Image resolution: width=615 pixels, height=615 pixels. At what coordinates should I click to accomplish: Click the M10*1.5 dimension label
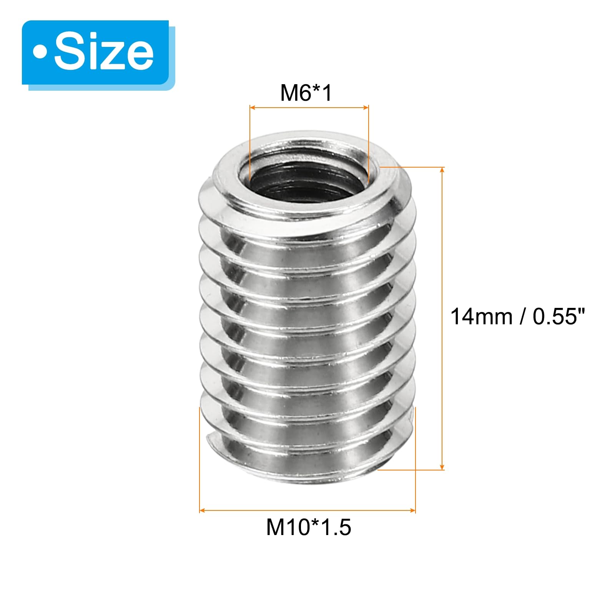coord(308,527)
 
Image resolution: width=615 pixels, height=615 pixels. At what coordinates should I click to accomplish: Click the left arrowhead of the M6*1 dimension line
coord(253,108)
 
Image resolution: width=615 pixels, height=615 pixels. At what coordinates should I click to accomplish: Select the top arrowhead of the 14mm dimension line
coord(442,171)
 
